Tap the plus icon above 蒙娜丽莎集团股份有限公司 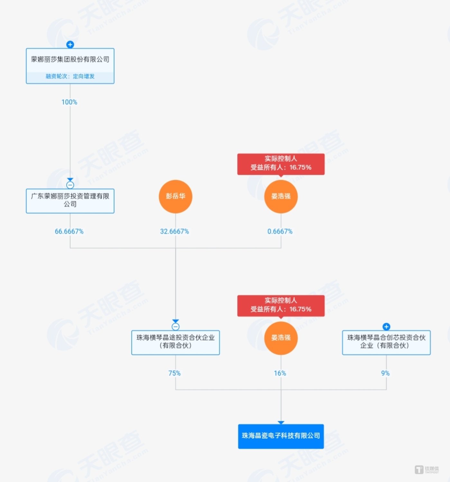pyautogui.click(x=70, y=44)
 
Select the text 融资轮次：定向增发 pyautogui.click(x=70, y=77)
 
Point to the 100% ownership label pyautogui.click(x=69, y=102)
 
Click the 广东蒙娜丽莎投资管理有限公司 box pyautogui.click(x=70, y=200)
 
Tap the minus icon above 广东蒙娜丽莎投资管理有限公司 pyautogui.click(x=70, y=185)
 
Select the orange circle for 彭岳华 pyautogui.click(x=175, y=196)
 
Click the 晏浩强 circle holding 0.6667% pyautogui.click(x=280, y=196)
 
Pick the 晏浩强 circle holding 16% pyautogui.click(x=280, y=338)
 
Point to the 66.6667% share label pyautogui.click(x=69, y=232)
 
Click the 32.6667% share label pyautogui.click(x=174, y=232)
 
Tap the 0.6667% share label pyautogui.click(x=280, y=232)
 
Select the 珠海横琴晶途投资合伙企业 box pyautogui.click(x=175, y=342)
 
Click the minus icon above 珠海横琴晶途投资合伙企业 pyautogui.click(x=175, y=327)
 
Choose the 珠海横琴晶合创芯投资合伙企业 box pyautogui.click(x=386, y=342)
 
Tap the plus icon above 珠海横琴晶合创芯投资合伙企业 pyautogui.click(x=386, y=327)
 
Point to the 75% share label pyautogui.click(x=174, y=373)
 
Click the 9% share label pyautogui.click(x=385, y=373)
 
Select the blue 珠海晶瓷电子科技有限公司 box pyautogui.click(x=280, y=436)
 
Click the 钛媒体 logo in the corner pyautogui.click(x=427, y=470)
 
